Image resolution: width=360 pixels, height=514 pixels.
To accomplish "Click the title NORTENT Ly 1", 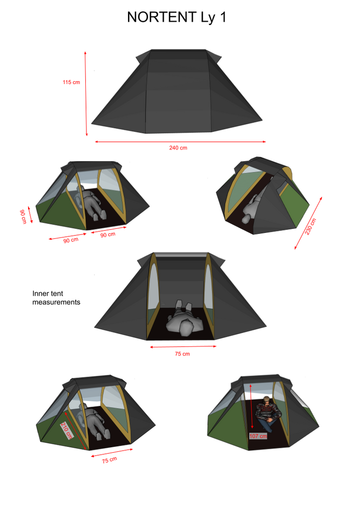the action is pyautogui.click(x=177, y=18).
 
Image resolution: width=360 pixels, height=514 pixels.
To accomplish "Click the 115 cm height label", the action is pyautogui.click(x=71, y=82).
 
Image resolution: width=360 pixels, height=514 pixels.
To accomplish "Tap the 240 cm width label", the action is pyautogui.click(x=178, y=148).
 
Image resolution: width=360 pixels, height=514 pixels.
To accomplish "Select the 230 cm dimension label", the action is pyautogui.click(x=310, y=226).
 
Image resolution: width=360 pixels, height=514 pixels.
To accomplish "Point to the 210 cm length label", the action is pyautogui.click(x=67, y=430).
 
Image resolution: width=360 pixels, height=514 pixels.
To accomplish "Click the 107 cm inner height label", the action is pyautogui.click(x=259, y=436).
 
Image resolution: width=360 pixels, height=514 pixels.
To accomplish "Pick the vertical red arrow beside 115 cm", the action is pyautogui.click(x=86, y=93).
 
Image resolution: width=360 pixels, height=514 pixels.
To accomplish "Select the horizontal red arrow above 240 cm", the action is pyautogui.click(x=180, y=142).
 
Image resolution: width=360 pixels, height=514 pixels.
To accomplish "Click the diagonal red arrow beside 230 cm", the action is pyautogui.click(x=308, y=223).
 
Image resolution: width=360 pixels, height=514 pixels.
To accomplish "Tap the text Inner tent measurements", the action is pyautogui.click(x=56, y=298).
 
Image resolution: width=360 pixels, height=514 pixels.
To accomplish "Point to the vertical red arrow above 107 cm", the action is pyautogui.click(x=251, y=407).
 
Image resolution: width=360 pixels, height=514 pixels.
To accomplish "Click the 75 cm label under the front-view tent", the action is pyautogui.click(x=182, y=354).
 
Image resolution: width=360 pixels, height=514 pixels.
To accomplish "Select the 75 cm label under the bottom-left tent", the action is pyautogui.click(x=109, y=460).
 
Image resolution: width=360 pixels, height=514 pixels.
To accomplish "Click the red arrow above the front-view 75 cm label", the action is pyautogui.click(x=183, y=346).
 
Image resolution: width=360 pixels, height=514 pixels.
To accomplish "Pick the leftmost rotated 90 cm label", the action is pyautogui.click(x=23, y=217).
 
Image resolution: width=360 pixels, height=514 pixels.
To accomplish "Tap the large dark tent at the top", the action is pyautogui.click(x=177, y=92).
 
